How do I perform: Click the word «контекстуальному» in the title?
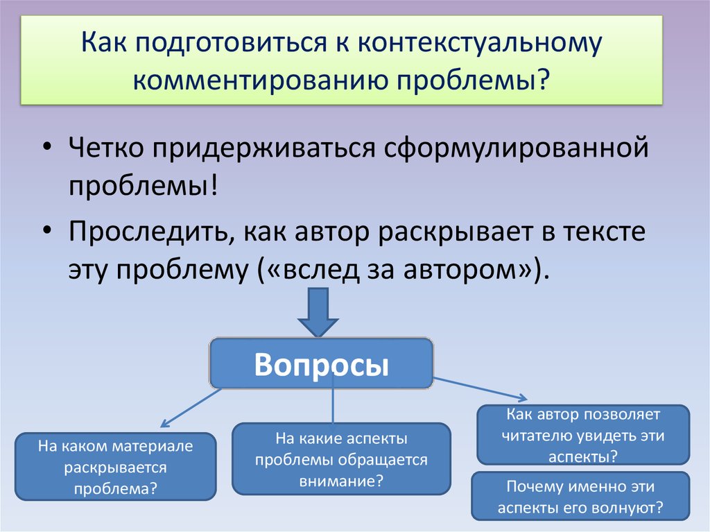tap(480, 44)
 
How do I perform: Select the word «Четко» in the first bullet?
tap(105, 148)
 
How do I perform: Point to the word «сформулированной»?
tap(516, 148)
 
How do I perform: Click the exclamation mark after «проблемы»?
tap(214, 185)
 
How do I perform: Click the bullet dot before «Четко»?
tap(48, 147)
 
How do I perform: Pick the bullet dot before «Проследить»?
tap(48, 230)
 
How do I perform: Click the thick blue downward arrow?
tap(318, 312)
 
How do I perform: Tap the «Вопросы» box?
tap(322, 363)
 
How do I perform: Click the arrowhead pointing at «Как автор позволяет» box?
tap(523, 398)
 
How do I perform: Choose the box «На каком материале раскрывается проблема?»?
tap(116, 467)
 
